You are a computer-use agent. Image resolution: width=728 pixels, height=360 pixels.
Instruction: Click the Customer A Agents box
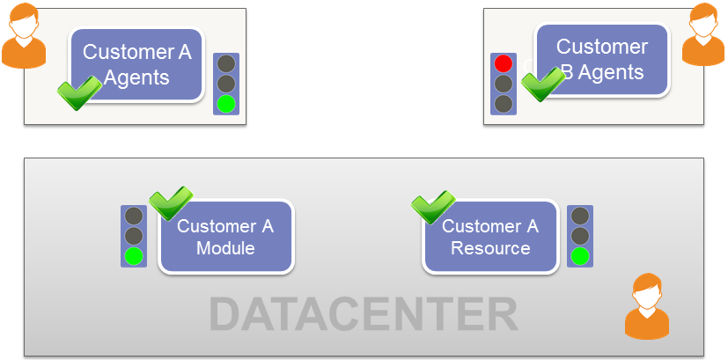point(136,63)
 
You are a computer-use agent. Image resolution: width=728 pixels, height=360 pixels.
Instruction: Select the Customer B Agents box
point(603,59)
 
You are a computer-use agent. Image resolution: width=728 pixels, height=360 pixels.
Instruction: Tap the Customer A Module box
point(226,237)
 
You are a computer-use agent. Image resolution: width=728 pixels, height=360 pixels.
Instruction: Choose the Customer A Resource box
point(490,237)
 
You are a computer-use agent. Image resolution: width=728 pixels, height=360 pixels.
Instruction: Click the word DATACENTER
point(364,314)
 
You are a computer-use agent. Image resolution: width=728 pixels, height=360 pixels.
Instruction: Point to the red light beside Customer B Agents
point(504,63)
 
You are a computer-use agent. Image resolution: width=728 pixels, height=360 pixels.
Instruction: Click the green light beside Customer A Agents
point(227,104)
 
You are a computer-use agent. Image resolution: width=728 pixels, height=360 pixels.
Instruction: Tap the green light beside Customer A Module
point(134,256)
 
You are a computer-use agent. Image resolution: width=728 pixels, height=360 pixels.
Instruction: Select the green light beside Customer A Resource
point(579,256)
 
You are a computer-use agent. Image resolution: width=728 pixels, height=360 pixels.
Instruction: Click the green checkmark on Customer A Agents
point(78,92)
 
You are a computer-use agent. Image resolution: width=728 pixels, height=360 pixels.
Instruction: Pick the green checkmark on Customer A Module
point(169,202)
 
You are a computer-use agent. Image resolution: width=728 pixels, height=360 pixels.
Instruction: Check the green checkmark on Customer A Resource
point(432,207)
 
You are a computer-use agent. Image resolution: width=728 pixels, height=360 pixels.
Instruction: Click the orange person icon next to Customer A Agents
point(26,37)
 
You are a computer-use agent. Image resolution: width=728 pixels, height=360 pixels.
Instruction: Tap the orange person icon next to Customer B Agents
point(703,35)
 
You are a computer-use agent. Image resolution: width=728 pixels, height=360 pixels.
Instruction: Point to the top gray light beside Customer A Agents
point(227,63)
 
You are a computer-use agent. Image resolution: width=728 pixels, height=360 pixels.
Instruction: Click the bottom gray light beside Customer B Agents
point(504,104)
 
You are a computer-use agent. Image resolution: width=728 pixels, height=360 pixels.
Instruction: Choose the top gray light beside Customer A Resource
point(579,216)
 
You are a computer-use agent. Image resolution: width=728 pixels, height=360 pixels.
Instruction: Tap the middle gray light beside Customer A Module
point(134,236)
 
